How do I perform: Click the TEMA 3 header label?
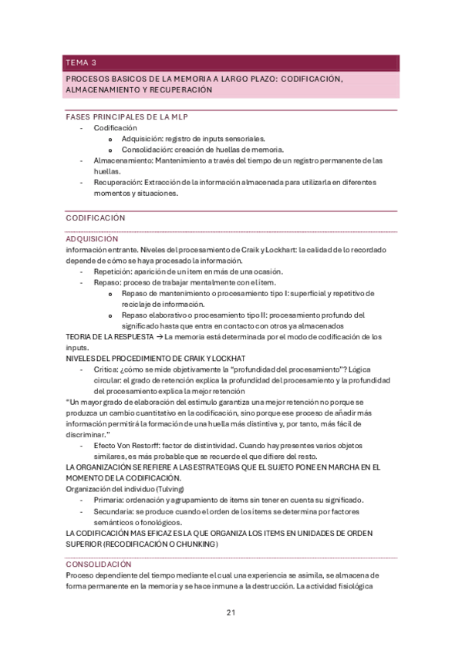coord(81,62)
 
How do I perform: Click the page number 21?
coord(231,613)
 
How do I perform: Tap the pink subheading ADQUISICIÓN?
coord(92,239)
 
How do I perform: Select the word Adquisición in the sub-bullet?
coord(142,139)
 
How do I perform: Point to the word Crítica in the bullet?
coord(106,369)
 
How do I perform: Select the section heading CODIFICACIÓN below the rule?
coord(95,218)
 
